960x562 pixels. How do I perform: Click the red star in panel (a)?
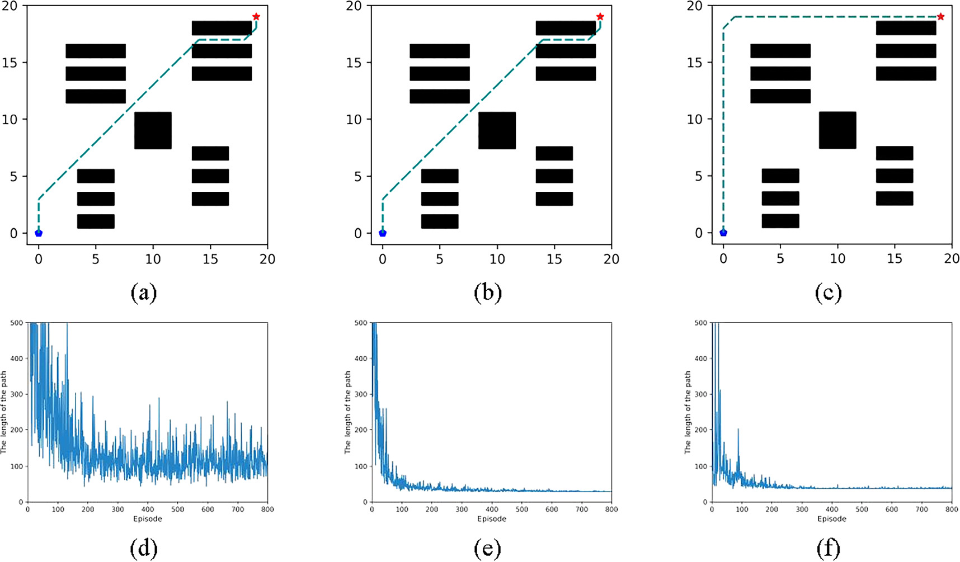(256, 17)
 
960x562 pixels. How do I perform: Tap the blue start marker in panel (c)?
(723, 233)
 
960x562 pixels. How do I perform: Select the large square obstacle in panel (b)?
(497, 130)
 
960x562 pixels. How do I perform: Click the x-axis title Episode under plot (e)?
(492, 519)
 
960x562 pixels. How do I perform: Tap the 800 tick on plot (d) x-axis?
(267, 510)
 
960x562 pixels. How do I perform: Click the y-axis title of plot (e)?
(348, 412)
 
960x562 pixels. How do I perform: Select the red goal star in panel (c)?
(940, 17)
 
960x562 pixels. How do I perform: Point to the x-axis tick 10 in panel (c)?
(837, 259)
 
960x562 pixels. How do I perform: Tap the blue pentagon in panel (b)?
(383, 233)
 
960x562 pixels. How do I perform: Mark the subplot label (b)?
(487, 293)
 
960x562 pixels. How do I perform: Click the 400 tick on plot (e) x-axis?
(492, 510)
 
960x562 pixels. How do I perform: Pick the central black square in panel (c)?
(837, 130)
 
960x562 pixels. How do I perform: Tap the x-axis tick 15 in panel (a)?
(210, 259)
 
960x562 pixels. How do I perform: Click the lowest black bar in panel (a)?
(96, 221)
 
